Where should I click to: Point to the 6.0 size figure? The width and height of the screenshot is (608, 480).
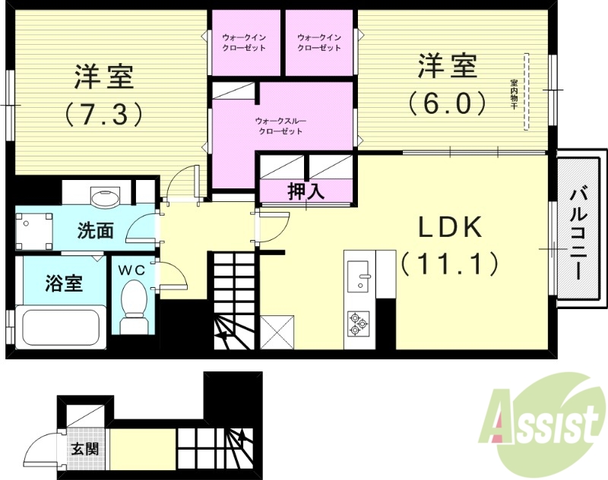coord(447,103)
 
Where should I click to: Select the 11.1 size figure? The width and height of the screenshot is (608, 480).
coord(448,264)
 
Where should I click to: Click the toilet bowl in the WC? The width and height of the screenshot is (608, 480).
coord(134,301)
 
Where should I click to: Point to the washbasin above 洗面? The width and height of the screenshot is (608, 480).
coord(103,198)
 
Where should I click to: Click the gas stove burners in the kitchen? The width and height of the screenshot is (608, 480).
coord(357,324)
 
